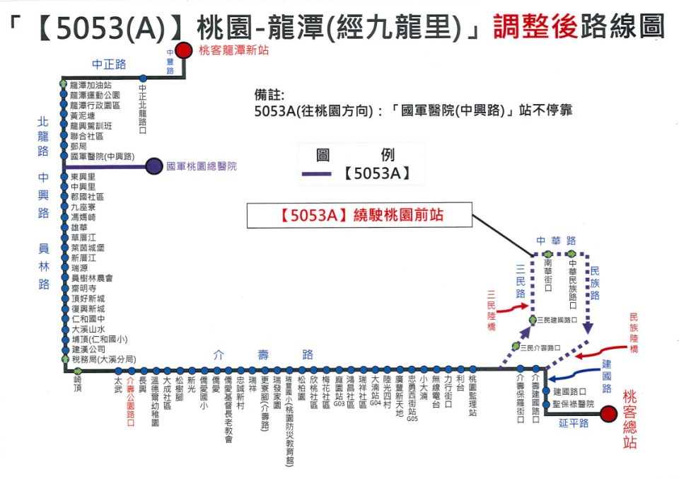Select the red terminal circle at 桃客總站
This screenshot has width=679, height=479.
click(x=607, y=415)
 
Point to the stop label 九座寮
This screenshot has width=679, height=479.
click(x=83, y=207)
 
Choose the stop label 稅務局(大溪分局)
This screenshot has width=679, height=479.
click(x=103, y=359)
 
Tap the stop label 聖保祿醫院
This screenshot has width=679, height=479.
click(x=574, y=403)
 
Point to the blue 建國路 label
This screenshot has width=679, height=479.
click(x=606, y=376)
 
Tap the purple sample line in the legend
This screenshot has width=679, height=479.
click(x=315, y=174)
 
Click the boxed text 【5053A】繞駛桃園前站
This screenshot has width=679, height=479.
click(x=359, y=215)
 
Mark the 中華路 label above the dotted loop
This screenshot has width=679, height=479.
click(x=555, y=241)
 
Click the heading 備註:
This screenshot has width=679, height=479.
click(x=268, y=95)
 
